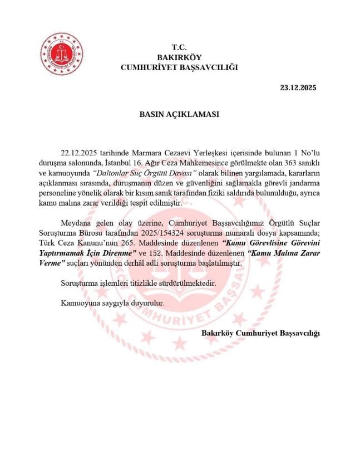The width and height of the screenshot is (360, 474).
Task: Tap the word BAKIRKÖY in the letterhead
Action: click(x=179, y=57)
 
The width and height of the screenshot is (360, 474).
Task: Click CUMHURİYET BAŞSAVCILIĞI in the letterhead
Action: click(x=179, y=67)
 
